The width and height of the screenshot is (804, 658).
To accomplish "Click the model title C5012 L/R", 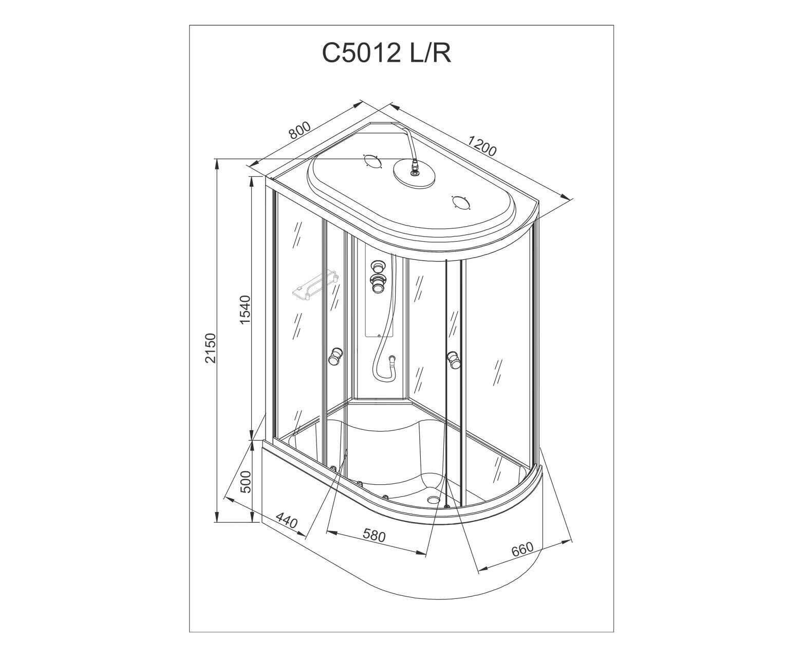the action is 386,53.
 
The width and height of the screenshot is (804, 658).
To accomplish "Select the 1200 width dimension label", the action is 482,145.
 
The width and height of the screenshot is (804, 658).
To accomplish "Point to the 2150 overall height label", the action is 210,348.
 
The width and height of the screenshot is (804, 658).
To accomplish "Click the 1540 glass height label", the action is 245,310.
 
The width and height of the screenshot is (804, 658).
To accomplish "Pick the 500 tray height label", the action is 247,482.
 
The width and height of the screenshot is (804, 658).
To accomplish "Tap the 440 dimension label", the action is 286,521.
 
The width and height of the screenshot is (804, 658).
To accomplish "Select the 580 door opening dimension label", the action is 374,536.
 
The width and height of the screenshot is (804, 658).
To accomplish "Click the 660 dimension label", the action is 522,550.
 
